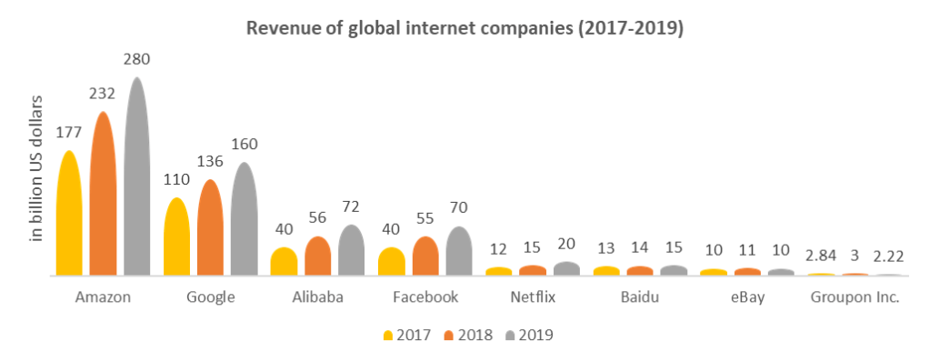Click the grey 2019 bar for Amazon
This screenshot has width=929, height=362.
coord(137,177)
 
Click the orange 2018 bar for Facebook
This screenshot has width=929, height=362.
coord(425,257)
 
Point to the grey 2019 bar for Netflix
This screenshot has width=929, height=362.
coord(566,268)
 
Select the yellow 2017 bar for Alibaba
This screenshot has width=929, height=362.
coord(284,262)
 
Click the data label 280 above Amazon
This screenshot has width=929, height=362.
coord(136,59)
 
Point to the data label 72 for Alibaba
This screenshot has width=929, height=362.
coord(351,207)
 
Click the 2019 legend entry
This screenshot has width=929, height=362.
coord(529,335)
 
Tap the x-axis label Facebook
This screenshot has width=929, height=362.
coord(425,297)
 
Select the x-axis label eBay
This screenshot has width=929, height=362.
coord(746,297)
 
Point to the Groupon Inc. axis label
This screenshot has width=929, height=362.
coord(854,297)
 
